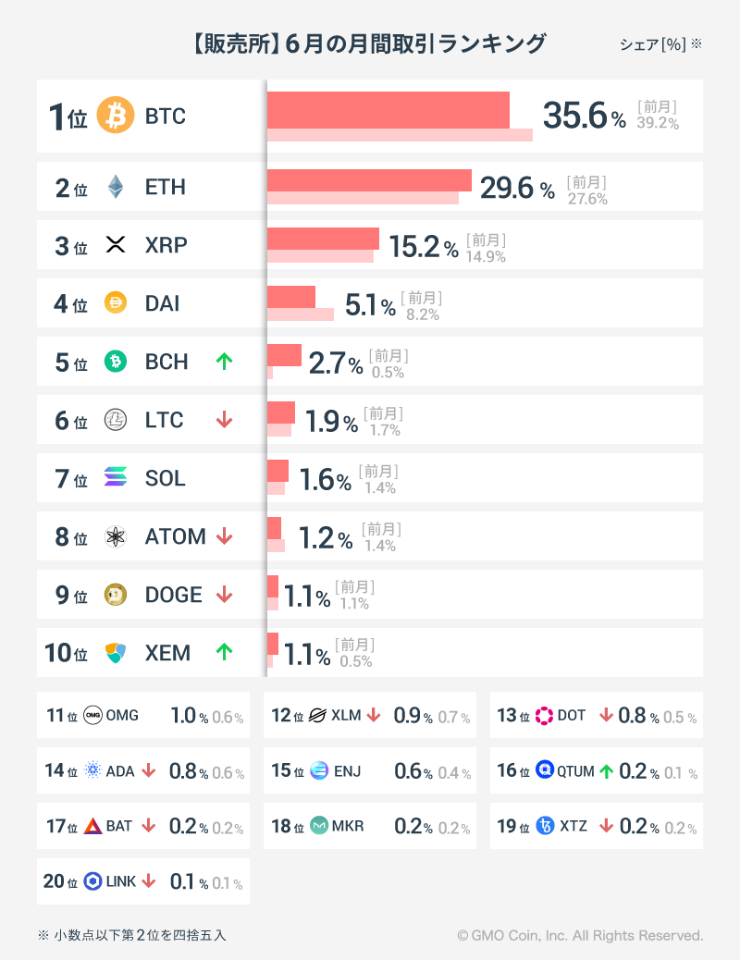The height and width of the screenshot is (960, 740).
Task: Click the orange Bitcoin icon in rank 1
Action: pos(116,117)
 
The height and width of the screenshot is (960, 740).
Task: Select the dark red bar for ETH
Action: pos(369,180)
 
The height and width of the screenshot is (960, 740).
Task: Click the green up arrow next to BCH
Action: pos(224,362)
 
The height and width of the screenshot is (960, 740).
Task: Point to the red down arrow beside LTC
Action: pos(224,420)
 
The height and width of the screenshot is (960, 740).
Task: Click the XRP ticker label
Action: pos(166,245)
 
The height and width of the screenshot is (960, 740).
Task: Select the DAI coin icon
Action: pos(116,303)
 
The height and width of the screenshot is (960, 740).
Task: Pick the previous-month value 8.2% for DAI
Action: pos(422,314)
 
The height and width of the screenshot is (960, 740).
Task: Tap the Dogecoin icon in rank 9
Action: pos(116,595)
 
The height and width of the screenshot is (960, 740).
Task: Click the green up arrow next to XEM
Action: pos(224,652)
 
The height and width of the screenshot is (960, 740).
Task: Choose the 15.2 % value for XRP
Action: pos(423,247)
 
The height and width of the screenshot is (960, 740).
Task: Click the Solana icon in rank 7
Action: pos(116,478)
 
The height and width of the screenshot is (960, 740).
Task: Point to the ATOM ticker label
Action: pos(175,536)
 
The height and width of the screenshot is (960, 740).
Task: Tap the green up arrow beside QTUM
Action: pos(606,770)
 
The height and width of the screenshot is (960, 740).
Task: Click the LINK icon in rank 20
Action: pos(92,881)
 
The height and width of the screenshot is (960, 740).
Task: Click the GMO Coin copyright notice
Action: pos(580,936)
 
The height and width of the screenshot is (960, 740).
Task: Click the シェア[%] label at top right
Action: pos(653,44)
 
